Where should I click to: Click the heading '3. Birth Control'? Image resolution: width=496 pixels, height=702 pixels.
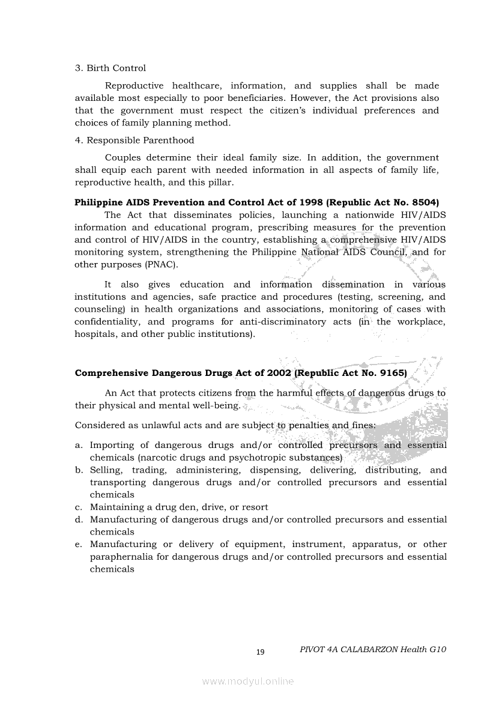[110, 68]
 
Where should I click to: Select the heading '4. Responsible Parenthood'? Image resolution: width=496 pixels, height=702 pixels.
[135, 141]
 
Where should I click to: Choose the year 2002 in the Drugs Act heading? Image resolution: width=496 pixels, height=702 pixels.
[273, 373]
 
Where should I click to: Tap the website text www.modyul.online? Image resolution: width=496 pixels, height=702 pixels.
[248, 681]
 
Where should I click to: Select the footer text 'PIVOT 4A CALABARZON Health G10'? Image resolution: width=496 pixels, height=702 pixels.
[373, 650]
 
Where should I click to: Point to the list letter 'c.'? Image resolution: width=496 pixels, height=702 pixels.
[79, 507]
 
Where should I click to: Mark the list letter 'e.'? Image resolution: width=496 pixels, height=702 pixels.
[79, 545]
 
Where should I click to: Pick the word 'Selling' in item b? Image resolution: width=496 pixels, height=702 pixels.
[106, 470]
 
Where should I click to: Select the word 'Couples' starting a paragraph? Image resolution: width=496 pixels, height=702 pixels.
[124, 158]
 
